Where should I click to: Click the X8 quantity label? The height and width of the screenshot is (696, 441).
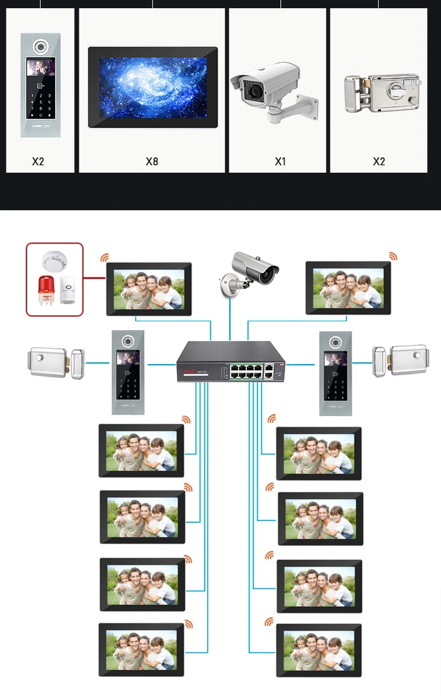[152, 161]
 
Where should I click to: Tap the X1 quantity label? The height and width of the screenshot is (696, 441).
[280, 161]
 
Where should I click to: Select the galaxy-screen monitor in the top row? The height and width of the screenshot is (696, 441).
[153, 87]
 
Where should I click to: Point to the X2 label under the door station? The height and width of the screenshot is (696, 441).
[38, 161]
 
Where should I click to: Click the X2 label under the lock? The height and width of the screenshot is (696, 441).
[379, 161]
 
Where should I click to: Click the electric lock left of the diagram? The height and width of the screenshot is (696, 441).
[55, 362]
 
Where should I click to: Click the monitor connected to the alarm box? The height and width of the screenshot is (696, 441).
[149, 289]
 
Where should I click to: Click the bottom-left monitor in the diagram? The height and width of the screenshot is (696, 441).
[142, 649]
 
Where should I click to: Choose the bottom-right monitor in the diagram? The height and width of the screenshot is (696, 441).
[319, 650]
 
